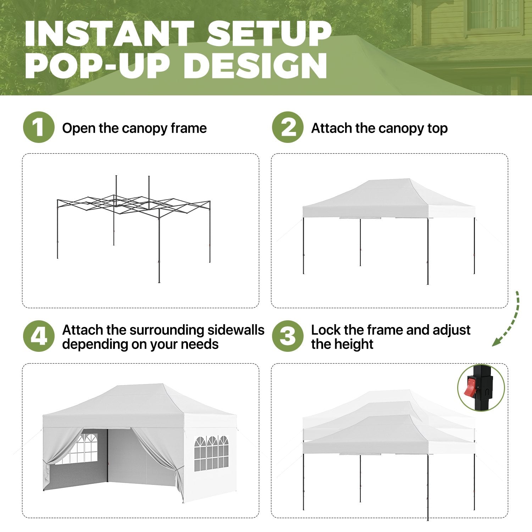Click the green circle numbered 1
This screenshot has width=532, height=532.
[39, 127]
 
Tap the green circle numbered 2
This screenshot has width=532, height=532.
[288, 127]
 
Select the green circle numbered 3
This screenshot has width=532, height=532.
[288, 336]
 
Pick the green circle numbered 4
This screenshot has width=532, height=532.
[39, 336]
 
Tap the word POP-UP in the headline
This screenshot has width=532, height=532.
[96, 66]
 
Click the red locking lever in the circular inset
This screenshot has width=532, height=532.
[470, 387]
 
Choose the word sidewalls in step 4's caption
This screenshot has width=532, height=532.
[236, 330]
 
